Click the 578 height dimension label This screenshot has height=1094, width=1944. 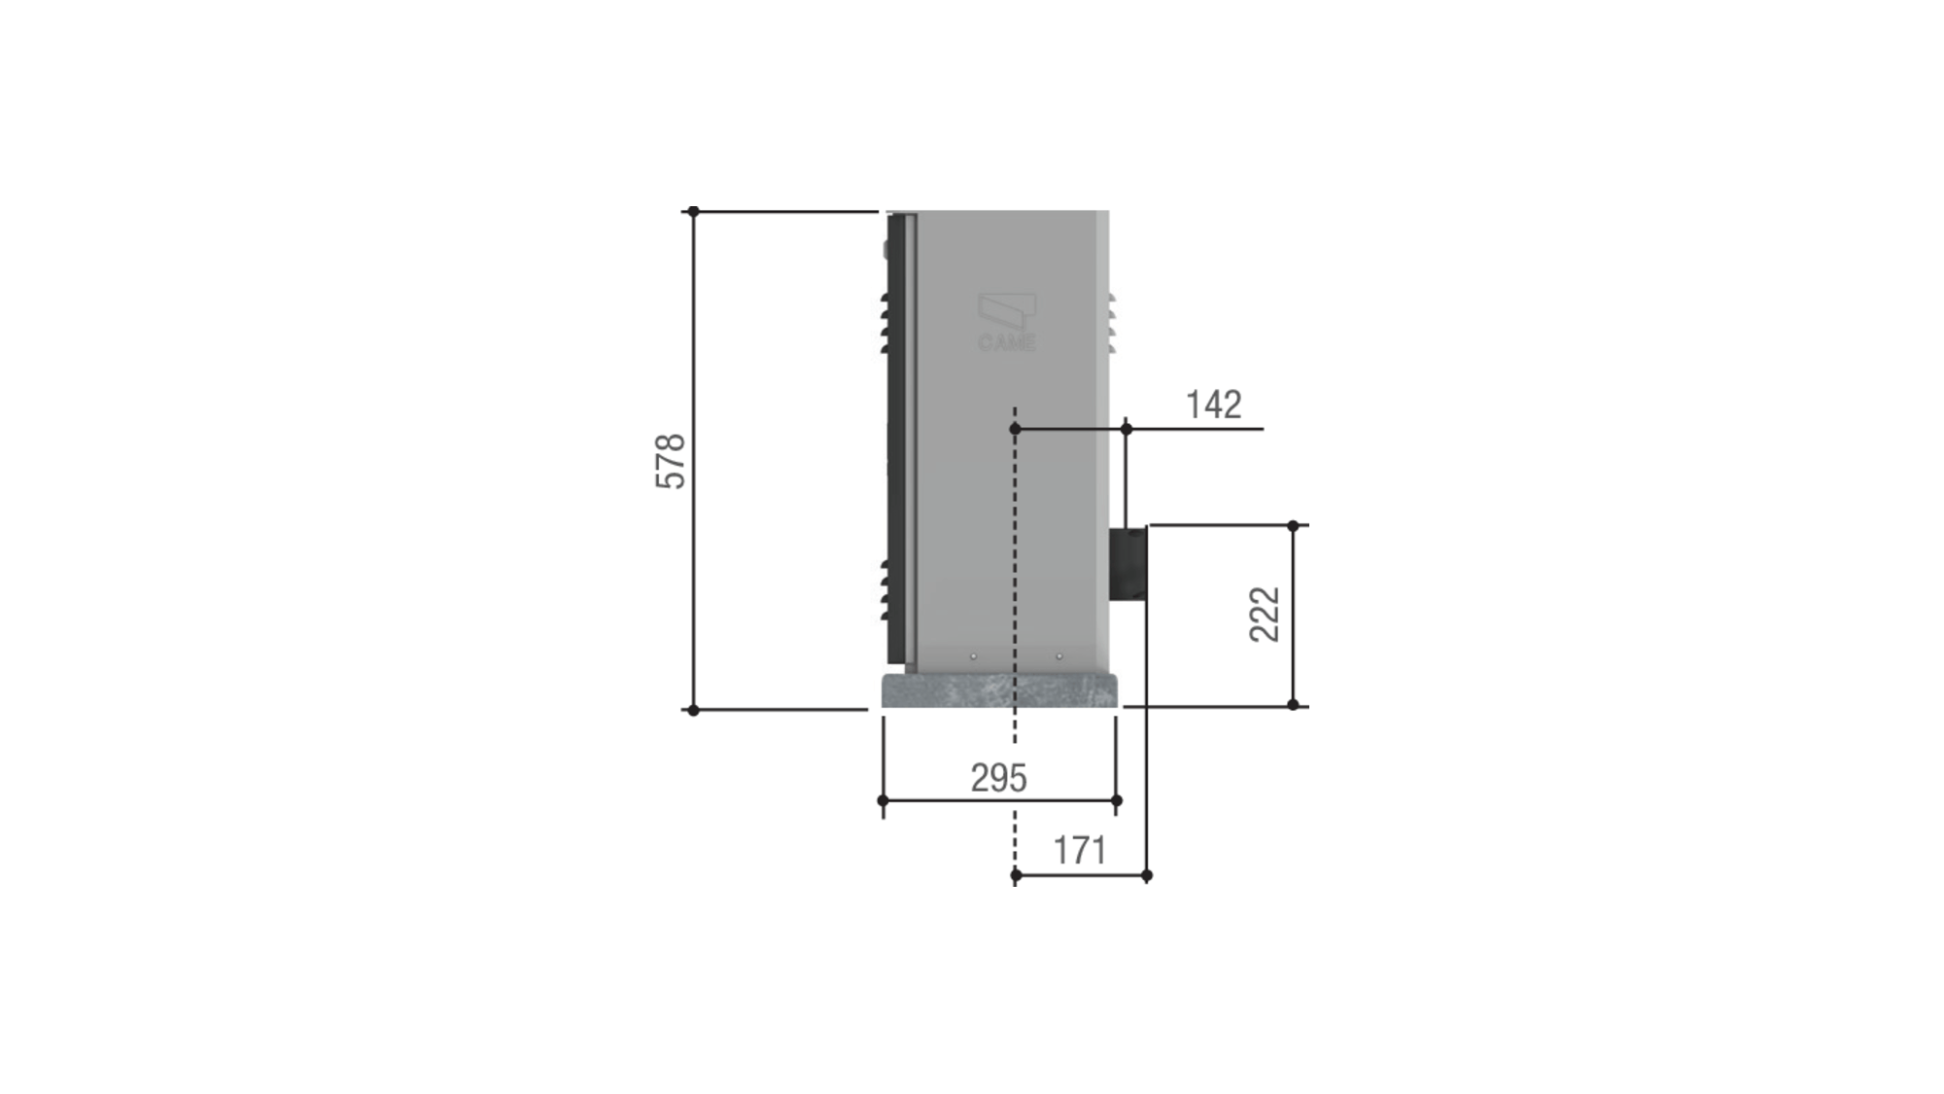tap(671, 461)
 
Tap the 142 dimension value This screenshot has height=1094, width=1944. tap(1213, 405)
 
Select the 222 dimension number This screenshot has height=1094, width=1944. tap(1265, 615)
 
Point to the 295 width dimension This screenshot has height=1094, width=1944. tap(998, 778)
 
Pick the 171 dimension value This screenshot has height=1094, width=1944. tap(1080, 851)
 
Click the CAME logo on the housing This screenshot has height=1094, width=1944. tap(1006, 322)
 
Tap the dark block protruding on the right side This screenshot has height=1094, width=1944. tap(1128, 564)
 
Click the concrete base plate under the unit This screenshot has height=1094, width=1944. tap(999, 690)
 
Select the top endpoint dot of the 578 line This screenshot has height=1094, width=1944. tap(693, 211)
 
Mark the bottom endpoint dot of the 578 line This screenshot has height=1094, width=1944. tap(693, 711)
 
